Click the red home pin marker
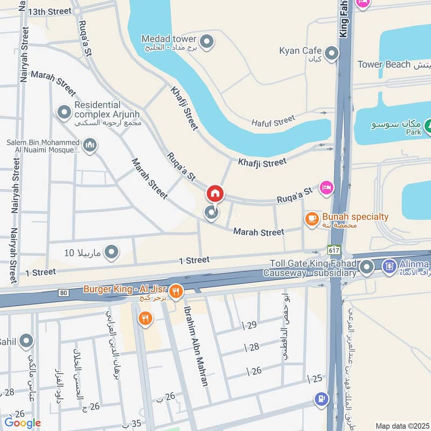coord(215,193)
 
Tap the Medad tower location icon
coord(206,41)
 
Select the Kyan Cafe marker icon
coord(332,53)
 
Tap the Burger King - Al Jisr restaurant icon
coord(176,293)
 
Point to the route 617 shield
coord(333,250)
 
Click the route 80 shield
coord(64,293)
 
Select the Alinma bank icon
coord(389,266)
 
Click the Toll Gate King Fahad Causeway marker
coord(367,266)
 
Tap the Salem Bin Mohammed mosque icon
coord(90,145)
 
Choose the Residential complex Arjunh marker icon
coord(64,112)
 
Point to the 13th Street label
coord(50,11)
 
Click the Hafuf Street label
coord(273,122)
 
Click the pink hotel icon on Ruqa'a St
coord(326,187)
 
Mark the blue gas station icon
coord(321,399)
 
